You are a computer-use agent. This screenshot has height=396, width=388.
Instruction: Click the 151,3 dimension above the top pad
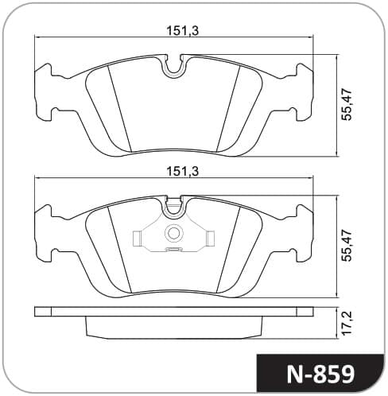coord(182,31)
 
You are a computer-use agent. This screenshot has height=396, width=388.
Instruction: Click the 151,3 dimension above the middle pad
coord(182,172)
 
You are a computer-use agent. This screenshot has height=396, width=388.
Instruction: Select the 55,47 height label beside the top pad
coord(347,105)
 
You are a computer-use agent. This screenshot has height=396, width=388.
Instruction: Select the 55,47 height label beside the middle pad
coord(347,246)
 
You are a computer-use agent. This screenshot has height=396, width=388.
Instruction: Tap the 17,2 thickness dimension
coord(347,323)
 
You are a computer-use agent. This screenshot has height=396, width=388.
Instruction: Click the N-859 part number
coord(320,375)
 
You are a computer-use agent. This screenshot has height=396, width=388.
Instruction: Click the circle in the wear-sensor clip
coord(174,233)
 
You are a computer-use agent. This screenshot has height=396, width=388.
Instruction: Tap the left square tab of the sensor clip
coord(136,239)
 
